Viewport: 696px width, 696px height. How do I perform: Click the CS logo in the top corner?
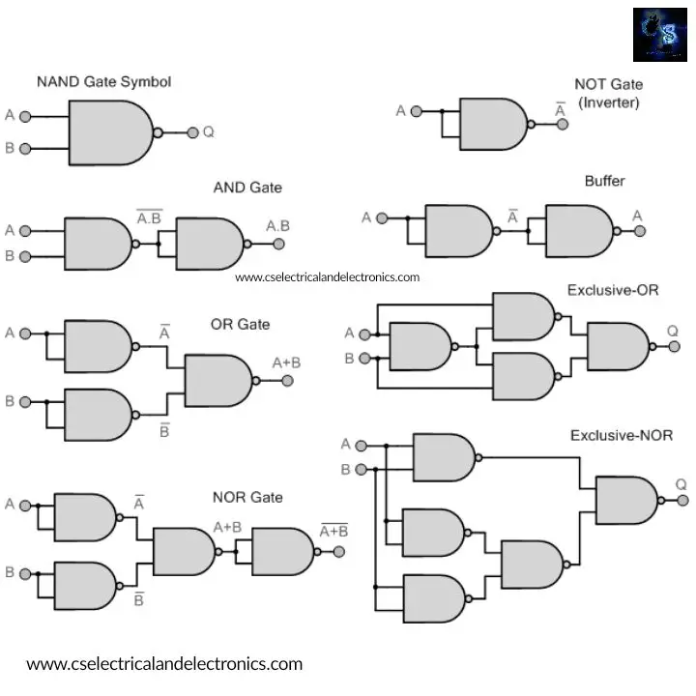pyautogui.click(x=660, y=35)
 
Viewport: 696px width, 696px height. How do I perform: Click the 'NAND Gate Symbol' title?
pyautogui.click(x=103, y=82)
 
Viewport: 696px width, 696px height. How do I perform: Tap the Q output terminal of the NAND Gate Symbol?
pyautogui.click(x=193, y=132)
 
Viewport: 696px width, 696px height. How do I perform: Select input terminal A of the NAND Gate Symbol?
pyautogui.click(x=25, y=116)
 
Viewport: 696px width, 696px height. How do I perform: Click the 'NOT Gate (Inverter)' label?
pyautogui.click(x=608, y=94)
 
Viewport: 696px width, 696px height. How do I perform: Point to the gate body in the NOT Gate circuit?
pyautogui.click(x=492, y=125)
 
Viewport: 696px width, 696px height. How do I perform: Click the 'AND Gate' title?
pyautogui.click(x=247, y=187)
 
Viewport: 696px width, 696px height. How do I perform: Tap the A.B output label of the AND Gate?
pyautogui.click(x=277, y=226)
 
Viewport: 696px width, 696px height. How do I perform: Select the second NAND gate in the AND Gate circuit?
pyautogui.click(x=209, y=244)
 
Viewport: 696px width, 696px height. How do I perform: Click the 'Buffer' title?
pyautogui.click(x=604, y=181)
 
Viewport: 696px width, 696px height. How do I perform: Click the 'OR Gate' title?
pyautogui.click(x=240, y=325)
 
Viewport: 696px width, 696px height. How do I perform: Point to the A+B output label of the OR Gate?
pyautogui.click(x=285, y=362)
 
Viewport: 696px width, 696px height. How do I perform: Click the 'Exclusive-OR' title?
pyautogui.click(x=613, y=290)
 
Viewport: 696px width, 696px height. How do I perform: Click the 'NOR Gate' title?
pyautogui.click(x=247, y=497)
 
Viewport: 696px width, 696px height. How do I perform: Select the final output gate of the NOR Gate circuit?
pyautogui.click(x=282, y=552)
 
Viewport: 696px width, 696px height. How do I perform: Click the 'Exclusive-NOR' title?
pyautogui.click(x=621, y=436)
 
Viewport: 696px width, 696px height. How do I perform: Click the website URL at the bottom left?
pyautogui.click(x=164, y=664)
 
